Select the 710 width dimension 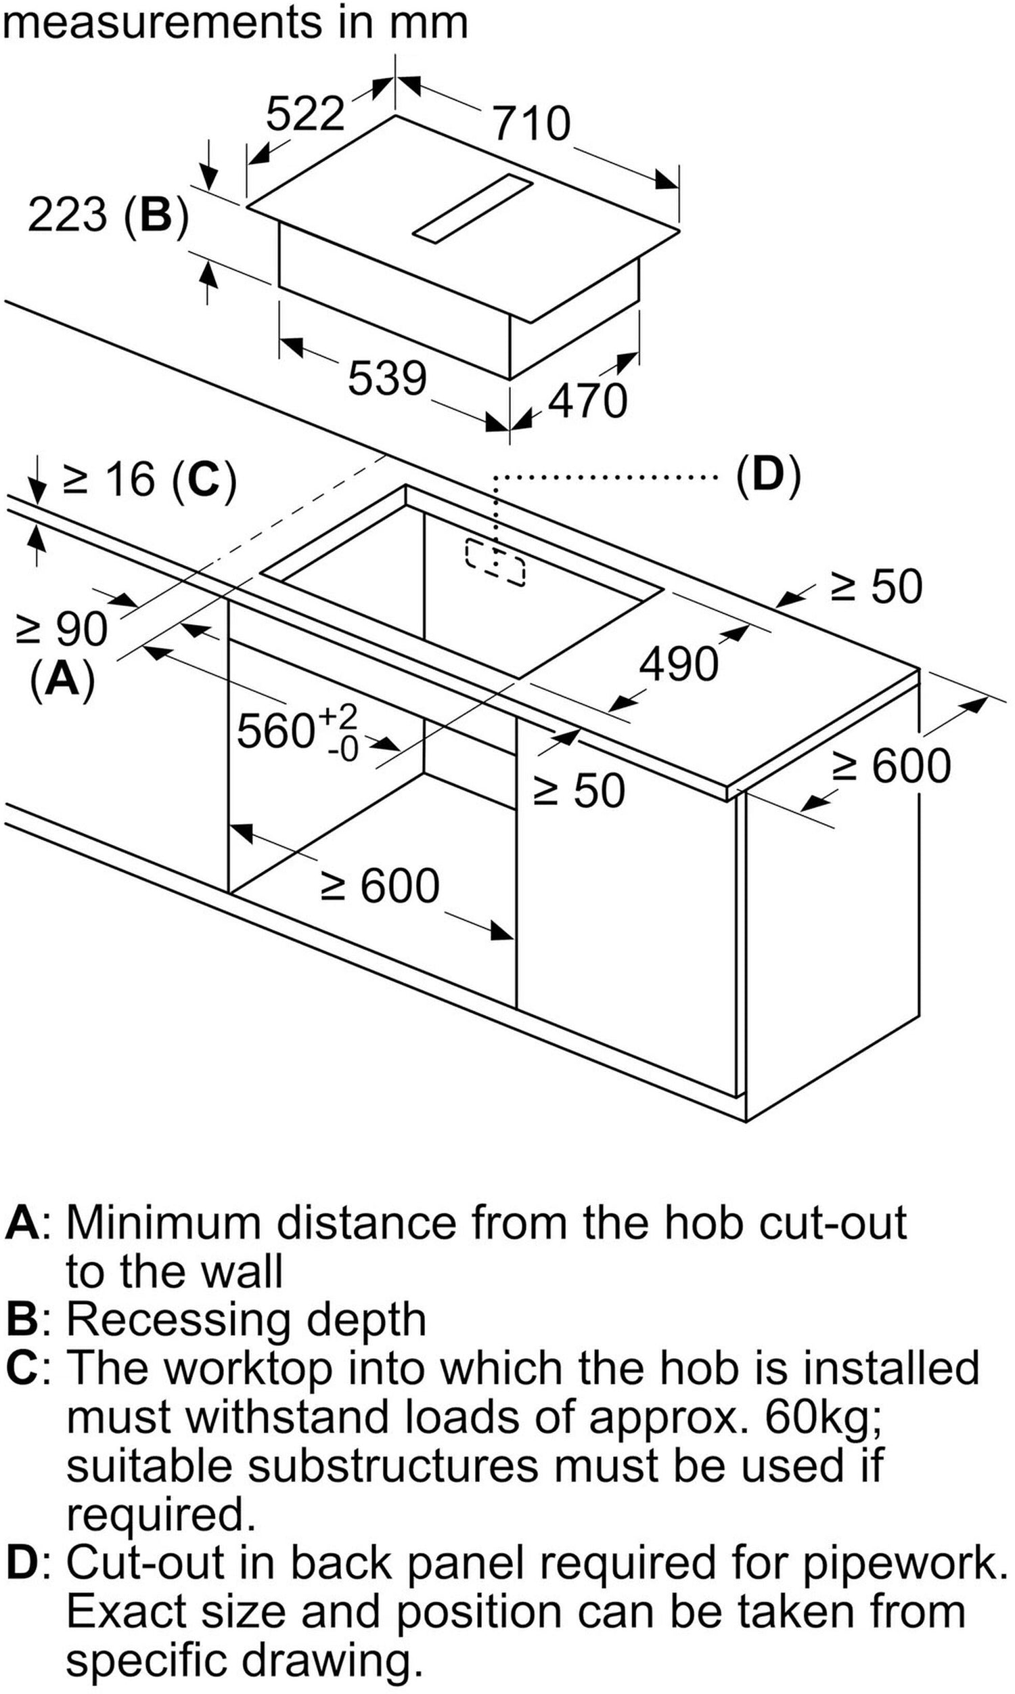click(x=531, y=123)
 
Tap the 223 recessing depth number click(x=68, y=214)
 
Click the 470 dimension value click(x=587, y=401)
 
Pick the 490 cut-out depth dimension click(x=679, y=664)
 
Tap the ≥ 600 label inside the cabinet click(x=380, y=886)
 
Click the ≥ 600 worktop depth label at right click(x=892, y=766)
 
